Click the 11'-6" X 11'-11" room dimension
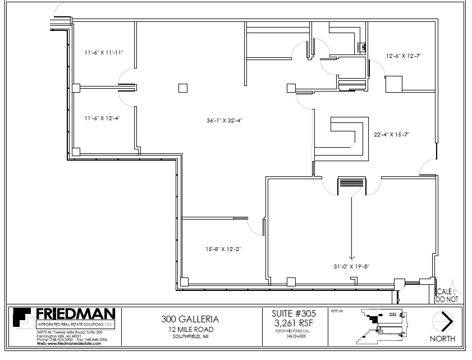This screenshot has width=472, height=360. coord(104,52)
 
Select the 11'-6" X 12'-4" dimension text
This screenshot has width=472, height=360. coord(102,118)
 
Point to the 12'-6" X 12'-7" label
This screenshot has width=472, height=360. coord(404,56)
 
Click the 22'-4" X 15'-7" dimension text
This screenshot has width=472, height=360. coord(392,134)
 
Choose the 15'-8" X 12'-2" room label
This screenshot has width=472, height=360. coord(223,248)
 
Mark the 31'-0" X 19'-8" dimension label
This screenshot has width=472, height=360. coord(351,266)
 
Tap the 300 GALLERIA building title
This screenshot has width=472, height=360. coord(190,319)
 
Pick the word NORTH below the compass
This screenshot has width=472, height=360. coord(443,339)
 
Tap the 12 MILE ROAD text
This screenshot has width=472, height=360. coord(190,329)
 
